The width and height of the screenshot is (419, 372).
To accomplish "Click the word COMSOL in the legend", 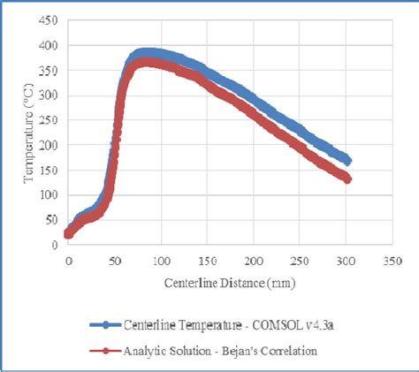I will tap(271, 324).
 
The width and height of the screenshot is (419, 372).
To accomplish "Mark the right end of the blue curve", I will tap(348, 161).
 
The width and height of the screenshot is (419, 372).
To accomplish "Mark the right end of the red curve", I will tap(348, 179).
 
